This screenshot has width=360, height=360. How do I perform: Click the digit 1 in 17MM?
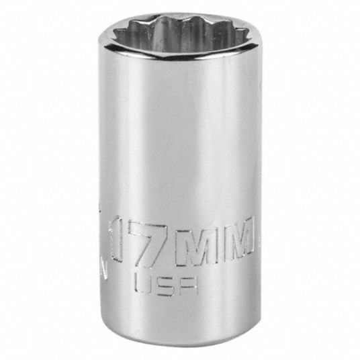tap(116, 239)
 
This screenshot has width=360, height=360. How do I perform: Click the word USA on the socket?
tap(166, 285)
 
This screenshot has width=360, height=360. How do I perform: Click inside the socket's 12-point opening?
tap(181, 32)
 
